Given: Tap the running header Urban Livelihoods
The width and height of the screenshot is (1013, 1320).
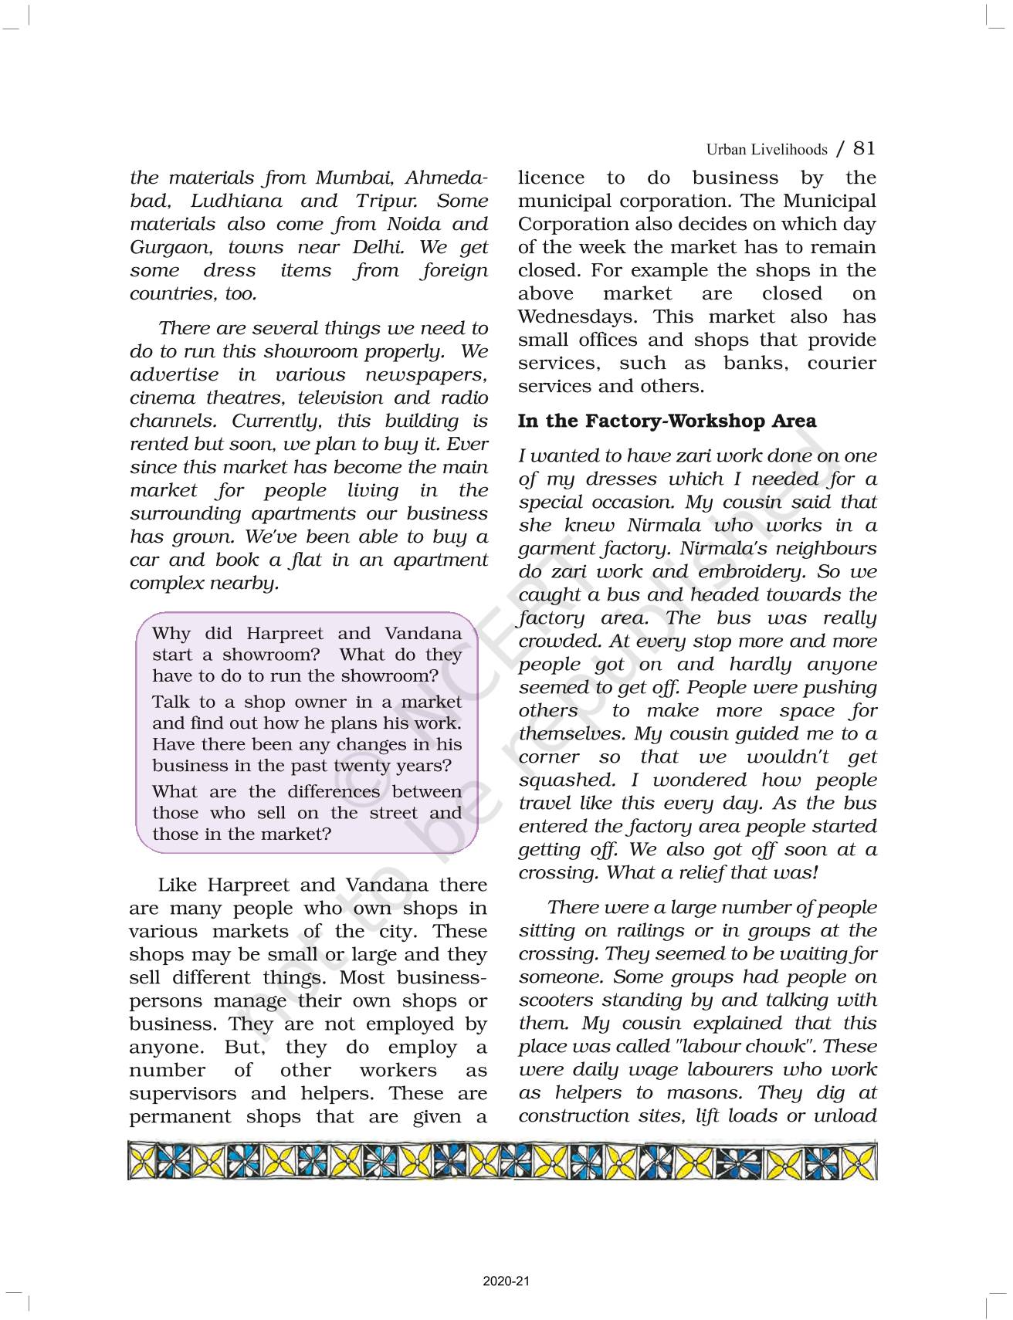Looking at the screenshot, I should pyautogui.click(x=766, y=150).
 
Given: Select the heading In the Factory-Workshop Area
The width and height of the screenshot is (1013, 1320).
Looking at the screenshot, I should pyautogui.click(x=666, y=421).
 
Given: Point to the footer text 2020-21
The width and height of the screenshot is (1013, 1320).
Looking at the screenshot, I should pyautogui.click(x=506, y=1281).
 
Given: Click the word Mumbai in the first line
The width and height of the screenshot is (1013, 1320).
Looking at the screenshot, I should pyautogui.click(x=355, y=178).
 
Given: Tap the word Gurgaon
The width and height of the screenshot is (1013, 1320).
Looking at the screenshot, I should pyautogui.click(x=170, y=247).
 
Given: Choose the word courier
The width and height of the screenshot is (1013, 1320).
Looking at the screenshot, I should pyautogui.click(x=842, y=363).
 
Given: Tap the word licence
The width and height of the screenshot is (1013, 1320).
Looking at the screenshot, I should pyautogui.click(x=551, y=178).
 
